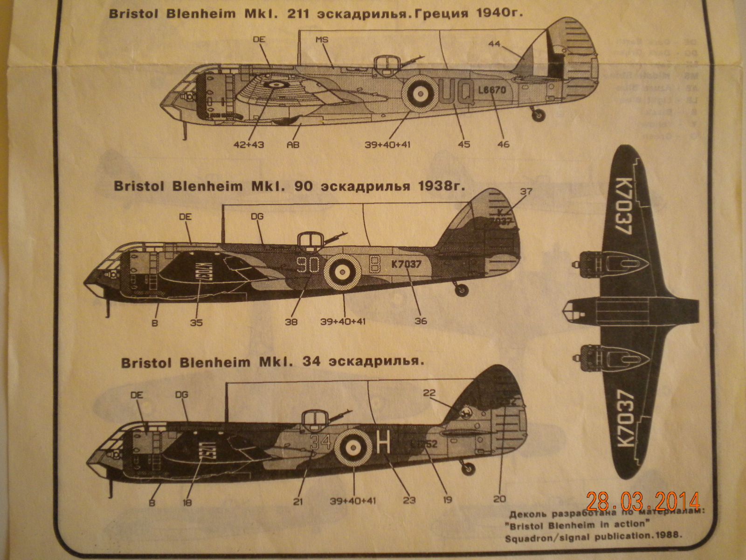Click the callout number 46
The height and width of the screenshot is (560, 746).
pyautogui.click(x=503, y=144)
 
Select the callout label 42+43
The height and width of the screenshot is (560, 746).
pyautogui.click(x=249, y=144)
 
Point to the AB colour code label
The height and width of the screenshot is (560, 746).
pyautogui.click(x=293, y=144)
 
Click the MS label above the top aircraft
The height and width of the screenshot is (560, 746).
pyautogui.click(x=322, y=40)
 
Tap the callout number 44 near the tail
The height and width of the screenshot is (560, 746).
pyautogui.click(x=494, y=44)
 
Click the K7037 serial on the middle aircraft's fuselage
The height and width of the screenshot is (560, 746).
pyautogui.click(x=407, y=264)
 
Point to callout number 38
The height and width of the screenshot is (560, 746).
pyautogui.click(x=292, y=322)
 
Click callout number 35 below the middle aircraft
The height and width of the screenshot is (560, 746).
pyautogui.click(x=196, y=322)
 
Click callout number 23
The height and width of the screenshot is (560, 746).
pyautogui.click(x=409, y=501)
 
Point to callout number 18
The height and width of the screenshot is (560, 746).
pyautogui.click(x=187, y=502)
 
